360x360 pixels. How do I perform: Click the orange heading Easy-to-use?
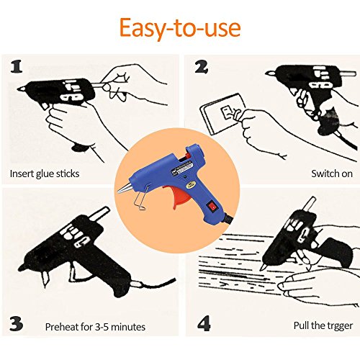(x=180, y=28)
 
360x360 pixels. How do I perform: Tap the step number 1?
(x=17, y=66)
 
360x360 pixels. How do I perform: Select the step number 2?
(x=201, y=67)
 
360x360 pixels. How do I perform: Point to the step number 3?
(x=17, y=324)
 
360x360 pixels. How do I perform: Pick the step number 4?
(x=204, y=323)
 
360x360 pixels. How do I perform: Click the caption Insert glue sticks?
(x=45, y=174)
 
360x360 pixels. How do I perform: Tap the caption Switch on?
(x=332, y=174)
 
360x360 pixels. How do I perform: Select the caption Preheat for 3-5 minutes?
(x=95, y=327)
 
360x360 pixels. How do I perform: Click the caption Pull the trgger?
(x=323, y=326)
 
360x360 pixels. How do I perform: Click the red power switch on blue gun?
(x=212, y=205)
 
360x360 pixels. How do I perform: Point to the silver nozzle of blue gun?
(x=125, y=188)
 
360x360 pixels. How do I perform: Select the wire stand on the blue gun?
(x=142, y=197)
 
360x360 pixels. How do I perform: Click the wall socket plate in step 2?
(x=221, y=114)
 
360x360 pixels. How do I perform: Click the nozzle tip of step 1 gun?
(x=19, y=89)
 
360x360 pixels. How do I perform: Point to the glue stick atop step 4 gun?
(x=310, y=204)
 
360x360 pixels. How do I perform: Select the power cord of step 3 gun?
(x=153, y=284)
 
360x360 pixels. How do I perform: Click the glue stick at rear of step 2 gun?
(x=348, y=73)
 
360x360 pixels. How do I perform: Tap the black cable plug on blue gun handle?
(x=228, y=218)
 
